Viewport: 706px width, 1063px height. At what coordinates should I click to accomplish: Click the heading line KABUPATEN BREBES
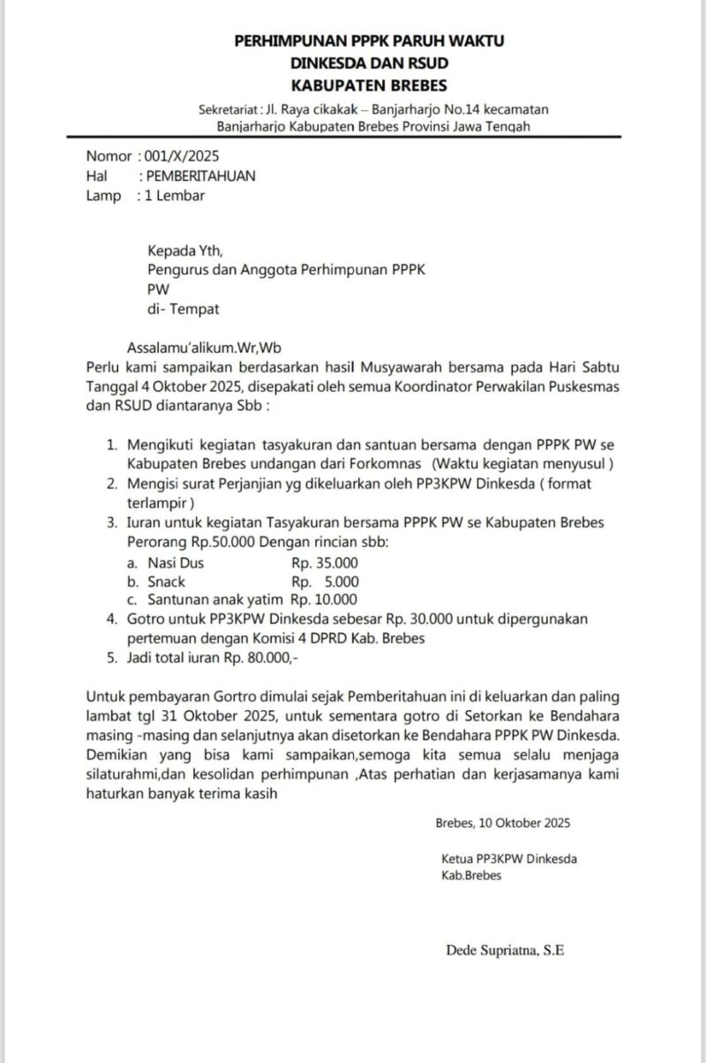(370, 86)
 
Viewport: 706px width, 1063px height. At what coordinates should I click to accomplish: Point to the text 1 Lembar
(175, 195)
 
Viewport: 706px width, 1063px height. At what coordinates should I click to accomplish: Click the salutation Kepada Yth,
(185, 251)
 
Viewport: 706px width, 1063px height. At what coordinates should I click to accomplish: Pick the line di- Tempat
(184, 309)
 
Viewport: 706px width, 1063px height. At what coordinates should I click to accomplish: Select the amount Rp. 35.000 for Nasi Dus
(325, 563)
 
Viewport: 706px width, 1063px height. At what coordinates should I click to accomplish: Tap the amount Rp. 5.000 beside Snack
(325, 581)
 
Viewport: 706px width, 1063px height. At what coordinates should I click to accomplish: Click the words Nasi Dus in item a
(176, 563)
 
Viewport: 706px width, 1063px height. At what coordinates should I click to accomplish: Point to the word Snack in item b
(166, 581)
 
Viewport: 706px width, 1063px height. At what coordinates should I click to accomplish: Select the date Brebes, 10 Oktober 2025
(502, 822)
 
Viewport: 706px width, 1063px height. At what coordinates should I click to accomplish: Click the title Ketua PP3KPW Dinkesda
(509, 857)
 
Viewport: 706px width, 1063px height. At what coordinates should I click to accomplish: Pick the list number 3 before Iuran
(111, 522)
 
